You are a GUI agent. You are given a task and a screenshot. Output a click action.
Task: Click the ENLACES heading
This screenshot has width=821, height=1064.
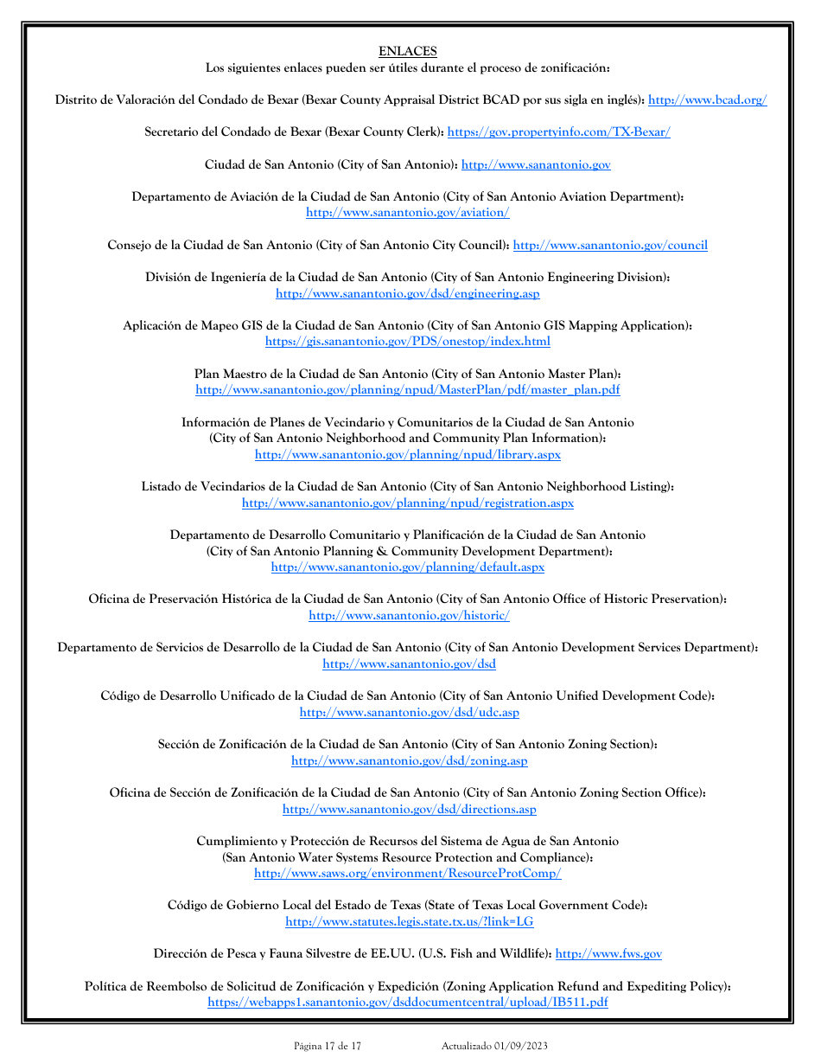[407, 52]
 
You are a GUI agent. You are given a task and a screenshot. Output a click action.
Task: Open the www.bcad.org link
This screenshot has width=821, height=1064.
[707, 100]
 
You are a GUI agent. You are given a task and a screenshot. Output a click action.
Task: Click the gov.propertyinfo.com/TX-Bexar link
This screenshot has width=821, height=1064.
[558, 132]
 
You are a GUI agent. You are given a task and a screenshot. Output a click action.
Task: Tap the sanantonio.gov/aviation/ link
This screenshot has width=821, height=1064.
[407, 213]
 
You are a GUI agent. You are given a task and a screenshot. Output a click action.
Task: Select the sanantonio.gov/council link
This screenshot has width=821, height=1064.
[610, 246]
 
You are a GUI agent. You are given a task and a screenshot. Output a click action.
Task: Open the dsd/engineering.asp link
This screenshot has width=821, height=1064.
[407, 294]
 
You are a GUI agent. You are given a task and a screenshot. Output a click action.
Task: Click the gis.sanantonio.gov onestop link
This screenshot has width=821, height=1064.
[407, 342]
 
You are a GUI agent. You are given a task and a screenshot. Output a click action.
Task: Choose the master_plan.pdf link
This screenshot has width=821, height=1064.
[407, 390]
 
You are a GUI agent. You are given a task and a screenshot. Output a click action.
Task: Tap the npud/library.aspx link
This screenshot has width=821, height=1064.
[407, 455]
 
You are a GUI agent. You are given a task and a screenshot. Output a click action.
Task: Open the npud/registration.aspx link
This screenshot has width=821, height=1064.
[407, 503]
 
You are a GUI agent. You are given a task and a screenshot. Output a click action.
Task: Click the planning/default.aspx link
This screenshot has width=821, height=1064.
[407, 567]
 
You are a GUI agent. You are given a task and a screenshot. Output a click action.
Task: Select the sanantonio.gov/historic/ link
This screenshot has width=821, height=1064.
[409, 616]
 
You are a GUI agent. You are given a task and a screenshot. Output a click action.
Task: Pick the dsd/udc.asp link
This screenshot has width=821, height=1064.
[409, 713]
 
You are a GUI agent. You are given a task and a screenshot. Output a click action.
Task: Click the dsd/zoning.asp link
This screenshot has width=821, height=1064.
[409, 761]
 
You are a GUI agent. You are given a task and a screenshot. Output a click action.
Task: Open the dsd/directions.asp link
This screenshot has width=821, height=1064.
[409, 810]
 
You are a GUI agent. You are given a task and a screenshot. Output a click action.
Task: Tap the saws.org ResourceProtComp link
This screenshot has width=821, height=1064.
[407, 874]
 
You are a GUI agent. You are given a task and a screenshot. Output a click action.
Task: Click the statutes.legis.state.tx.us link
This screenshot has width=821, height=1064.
[409, 922]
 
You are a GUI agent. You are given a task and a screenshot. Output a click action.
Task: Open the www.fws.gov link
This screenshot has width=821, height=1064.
[608, 954]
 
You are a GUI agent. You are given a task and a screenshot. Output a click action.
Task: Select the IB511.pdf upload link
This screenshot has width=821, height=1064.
[407, 1003]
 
